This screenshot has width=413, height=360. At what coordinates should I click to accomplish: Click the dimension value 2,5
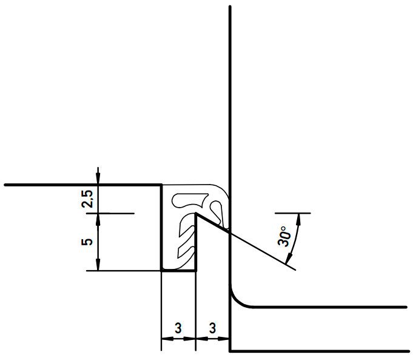click(x=87, y=199)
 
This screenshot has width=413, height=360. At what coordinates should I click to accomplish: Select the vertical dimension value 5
click(x=87, y=242)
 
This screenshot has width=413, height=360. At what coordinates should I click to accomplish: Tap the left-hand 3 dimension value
click(x=178, y=328)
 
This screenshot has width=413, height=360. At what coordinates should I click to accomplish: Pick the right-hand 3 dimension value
click(x=212, y=328)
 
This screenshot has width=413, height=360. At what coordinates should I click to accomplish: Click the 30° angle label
click(x=284, y=236)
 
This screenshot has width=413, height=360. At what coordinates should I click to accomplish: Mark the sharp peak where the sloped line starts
click(x=196, y=214)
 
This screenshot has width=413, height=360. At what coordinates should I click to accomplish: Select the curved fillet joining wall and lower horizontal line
click(x=237, y=301)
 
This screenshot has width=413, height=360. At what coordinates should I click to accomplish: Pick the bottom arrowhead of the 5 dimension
click(x=98, y=265)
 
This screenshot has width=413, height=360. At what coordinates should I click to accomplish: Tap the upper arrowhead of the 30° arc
click(x=298, y=219)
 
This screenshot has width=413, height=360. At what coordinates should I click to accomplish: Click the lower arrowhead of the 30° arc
click(x=289, y=258)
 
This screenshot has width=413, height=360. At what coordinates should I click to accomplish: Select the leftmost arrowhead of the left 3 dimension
click(x=167, y=338)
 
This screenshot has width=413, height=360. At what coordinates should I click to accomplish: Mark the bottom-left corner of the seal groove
click(x=161, y=271)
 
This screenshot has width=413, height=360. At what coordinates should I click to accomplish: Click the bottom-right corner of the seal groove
click(x=196, y=271)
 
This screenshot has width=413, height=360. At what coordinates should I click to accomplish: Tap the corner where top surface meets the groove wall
click(x=161, y=185)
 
